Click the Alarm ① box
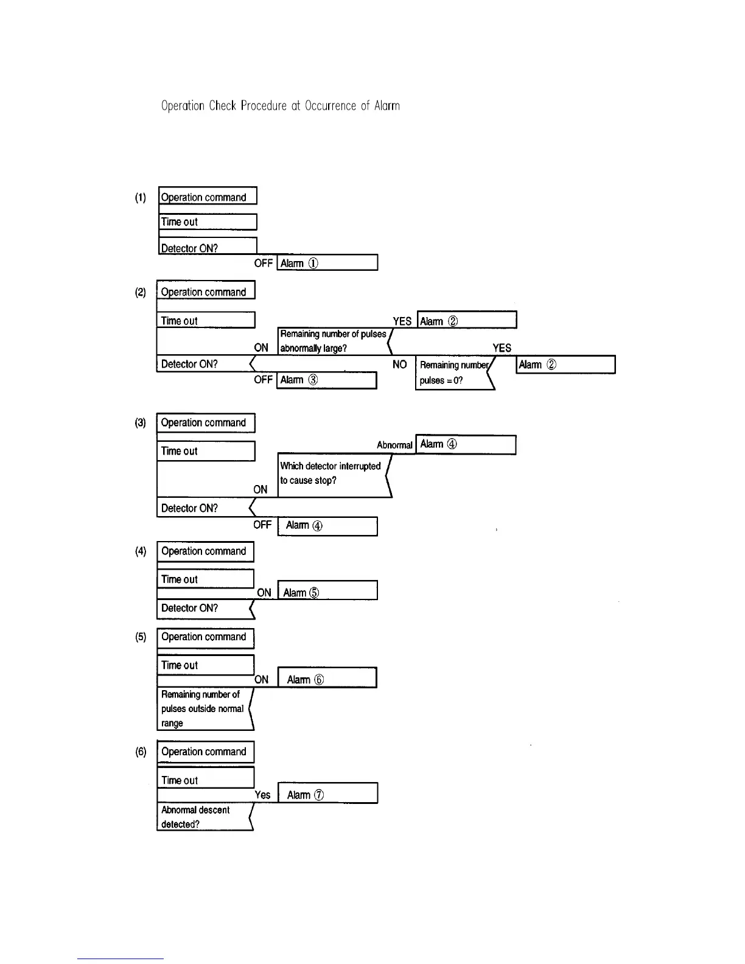coord(327,263)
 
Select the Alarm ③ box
coord(327,380)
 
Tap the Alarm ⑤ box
coord(327,592)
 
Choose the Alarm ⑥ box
coord(327,679)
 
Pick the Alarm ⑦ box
coord(327,794)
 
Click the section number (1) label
coord(141,198)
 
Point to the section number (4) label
coord(141,551)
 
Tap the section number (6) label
coord(141,752)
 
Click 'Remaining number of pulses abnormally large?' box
coord(334,341)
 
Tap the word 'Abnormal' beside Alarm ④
coord(394,445)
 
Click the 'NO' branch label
coord(399,364)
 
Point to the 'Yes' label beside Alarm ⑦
coord(262,794)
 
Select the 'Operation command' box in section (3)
coord(206,422)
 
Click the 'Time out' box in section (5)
coord(206,665)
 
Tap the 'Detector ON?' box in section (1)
coord(207,247)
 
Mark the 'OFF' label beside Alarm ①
coord(263,263)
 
